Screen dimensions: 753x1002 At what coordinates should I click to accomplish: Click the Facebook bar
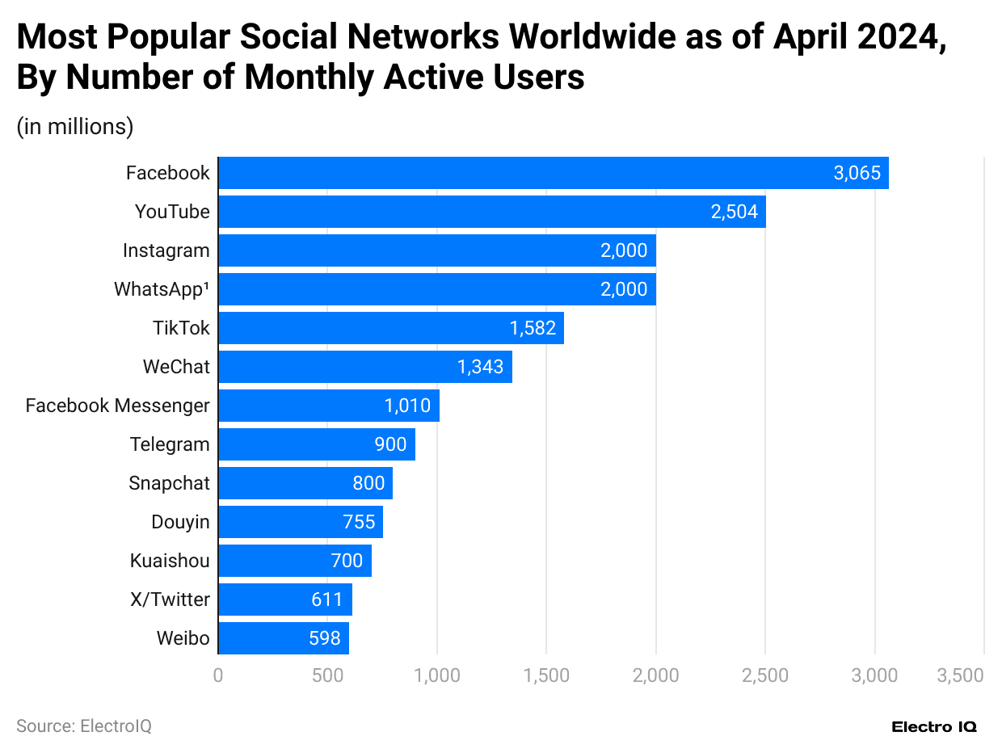pyautogui.click(x=553, y=173)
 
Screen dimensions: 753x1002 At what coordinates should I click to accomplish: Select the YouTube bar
pyautogui.click(x=491, y=212)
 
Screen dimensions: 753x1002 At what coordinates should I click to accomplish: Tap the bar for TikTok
pyautogui.click(x=390, y=328)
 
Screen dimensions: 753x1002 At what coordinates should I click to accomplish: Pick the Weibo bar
pyautogui.click(x=283, y=638)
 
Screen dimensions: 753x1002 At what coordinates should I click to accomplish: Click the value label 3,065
pyautogui.click(x=857, y=173)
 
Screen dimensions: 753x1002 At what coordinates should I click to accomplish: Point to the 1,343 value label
pyautogui.click(x=480, y=367)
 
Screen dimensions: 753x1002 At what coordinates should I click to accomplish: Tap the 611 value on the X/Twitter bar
pyautogui.click(x=326, y=599)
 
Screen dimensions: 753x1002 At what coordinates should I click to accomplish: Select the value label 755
pyautogui.click(x=359, y=522)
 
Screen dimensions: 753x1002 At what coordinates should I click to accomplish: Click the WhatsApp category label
pyautogui.click(x=162, y=289)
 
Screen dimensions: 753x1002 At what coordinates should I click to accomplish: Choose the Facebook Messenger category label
pyautogui.click(x=118, y=406)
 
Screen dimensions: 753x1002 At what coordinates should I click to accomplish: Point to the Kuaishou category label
pyautogui.click(x=170, y=561)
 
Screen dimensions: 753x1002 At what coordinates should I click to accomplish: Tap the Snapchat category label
pyautogui.click(x=169, y=483)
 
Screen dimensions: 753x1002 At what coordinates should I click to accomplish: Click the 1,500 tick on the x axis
pyautogui.click(x=546, y=675)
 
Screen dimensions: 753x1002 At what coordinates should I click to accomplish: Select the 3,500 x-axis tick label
pyautogui.click(x=960, y=675)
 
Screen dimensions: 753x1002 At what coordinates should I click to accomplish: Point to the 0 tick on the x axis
pyautogui.click(x=218, y=675)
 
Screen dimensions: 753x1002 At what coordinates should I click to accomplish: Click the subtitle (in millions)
pyautogui.click(x=75, y=127)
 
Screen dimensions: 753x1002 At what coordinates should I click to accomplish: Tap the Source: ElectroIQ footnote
pyautogui.click(x=84, y=726)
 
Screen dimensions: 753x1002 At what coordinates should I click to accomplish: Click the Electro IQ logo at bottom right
pyautogui.click(x=933, y=727)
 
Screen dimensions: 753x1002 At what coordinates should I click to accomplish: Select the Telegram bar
pyautogui.click(x=316, y=444)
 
